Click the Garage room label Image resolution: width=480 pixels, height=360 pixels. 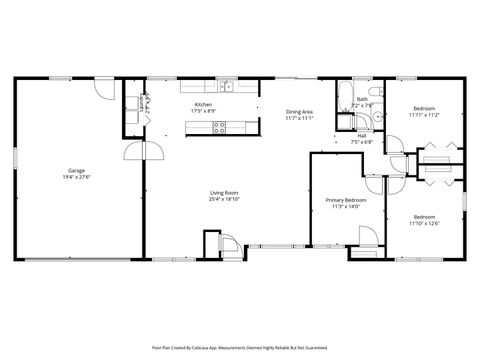76,171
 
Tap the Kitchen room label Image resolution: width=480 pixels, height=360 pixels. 203,104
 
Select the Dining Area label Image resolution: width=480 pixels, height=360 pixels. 300,112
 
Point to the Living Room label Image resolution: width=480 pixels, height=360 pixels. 223,192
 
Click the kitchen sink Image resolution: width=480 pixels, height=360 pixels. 228,87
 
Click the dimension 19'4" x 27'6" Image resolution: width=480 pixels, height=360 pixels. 76,178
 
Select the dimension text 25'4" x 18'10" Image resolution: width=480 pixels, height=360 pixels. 223,199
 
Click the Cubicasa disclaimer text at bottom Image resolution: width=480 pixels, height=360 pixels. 240,347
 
